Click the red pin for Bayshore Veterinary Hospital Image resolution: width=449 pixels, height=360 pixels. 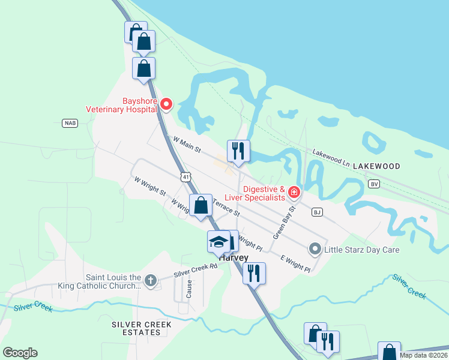click(166, 105)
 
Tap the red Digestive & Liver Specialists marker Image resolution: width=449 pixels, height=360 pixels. click(294, 192)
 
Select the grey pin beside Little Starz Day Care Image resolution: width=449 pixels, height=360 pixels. click(315, 248)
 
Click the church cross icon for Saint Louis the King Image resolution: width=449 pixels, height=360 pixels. click(150, 280)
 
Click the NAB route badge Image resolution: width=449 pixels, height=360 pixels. click(70, 123)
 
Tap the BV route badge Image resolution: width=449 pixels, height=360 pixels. click(375, 184)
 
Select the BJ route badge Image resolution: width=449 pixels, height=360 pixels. click(317, 212)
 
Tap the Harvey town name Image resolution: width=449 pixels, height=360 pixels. click(234, 257)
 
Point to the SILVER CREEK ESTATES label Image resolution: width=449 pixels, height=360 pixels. click(141, 329)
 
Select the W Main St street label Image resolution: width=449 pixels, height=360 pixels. click(187, 143)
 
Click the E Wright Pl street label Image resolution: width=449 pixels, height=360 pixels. click(295, 263)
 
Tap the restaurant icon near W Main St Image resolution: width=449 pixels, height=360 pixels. click(238, 150)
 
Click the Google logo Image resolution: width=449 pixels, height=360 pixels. click(20, 353)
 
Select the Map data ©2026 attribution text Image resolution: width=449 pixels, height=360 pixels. click(423, 355)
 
